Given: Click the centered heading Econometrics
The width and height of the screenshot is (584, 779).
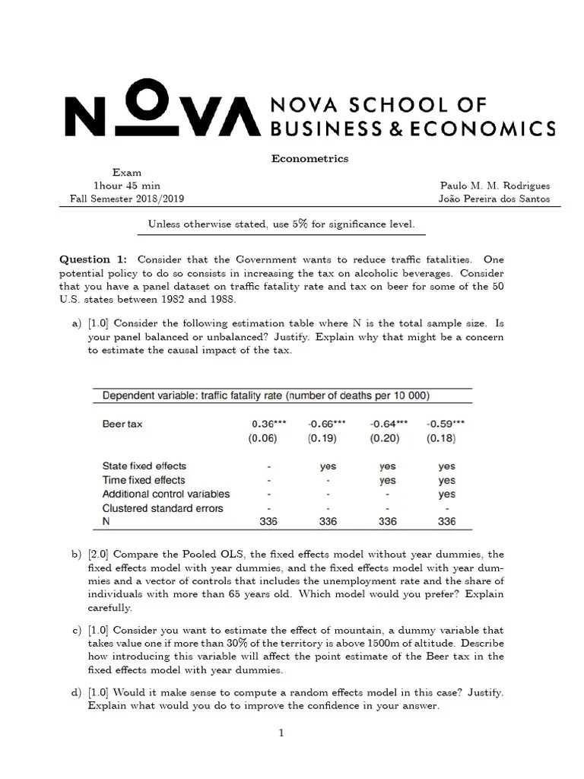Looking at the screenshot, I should point(310,159).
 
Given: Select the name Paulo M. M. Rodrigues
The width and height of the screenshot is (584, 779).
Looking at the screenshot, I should point(495,186).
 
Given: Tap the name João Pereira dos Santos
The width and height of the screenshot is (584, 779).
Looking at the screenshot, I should point(495,199).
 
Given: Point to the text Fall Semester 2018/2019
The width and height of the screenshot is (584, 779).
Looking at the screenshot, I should point(126,199).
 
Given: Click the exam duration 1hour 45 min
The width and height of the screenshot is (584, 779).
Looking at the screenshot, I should point(126,186).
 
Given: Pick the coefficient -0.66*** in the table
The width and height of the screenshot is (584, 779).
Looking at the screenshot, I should point(327,424).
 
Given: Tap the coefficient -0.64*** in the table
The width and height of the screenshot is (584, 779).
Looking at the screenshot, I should point(388,424).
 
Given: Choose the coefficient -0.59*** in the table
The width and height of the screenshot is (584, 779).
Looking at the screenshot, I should point(446,424).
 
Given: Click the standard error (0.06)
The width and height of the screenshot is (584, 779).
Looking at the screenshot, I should point(263,438).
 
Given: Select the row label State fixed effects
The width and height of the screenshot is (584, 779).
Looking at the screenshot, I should point(144,466).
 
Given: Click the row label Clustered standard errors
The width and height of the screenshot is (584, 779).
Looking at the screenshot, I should point(163,507).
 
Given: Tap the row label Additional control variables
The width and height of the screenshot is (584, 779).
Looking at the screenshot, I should point(166,494).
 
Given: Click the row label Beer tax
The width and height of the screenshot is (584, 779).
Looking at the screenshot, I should point(122,424).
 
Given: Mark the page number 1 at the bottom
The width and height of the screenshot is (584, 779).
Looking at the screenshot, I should point(281,733).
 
